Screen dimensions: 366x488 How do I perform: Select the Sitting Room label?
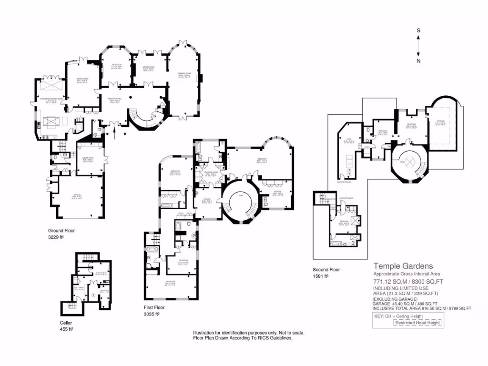(x=148, y=67)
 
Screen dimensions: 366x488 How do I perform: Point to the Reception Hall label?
(x=115, y=99)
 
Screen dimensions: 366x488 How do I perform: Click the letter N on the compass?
(x=418, y=61)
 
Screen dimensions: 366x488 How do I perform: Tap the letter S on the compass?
(x=418, y=30)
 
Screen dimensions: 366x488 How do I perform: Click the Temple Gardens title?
(x=403, y=266)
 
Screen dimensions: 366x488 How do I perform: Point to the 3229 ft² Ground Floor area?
(x=56, y=237)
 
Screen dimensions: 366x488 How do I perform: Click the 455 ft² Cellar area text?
(x=66, y=329)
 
